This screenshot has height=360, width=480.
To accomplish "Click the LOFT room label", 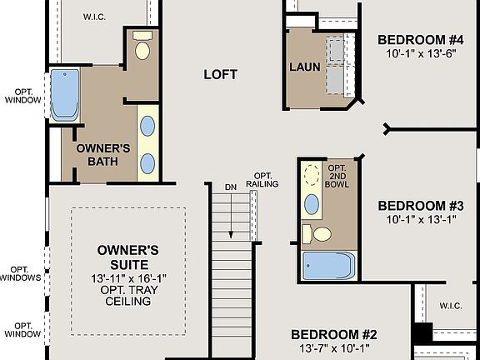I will pyautogui.click(x=221, y=74).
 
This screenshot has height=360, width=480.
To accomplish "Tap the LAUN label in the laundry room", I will pyautogui.click(x=304, y=67).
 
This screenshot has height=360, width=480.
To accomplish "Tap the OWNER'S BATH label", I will pyautogui.click(x=103, y=154).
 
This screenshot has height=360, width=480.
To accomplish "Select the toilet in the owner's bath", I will pyautogui.click(x=142, y=49).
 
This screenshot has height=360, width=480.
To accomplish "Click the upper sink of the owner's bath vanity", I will pyautogui.click(x=147, y=126).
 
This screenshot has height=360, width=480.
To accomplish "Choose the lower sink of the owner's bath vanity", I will pyautogui.click(x=147, y=163).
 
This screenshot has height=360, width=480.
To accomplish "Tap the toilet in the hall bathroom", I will pyautogui.click(x=317, y=233).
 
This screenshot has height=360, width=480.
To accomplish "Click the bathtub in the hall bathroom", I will pyautogui.click(x=328, y=267).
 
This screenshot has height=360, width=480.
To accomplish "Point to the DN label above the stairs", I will pyautogui.click(x=231, y=187).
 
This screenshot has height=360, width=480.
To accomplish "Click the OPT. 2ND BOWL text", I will pyautogui.click(x=337, y=175).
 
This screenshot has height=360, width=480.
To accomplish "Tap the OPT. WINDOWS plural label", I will pyautogui.click(x=21, y=274).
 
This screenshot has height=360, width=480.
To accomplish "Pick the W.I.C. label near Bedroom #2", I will pyautogui.click(x=450, y=306).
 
